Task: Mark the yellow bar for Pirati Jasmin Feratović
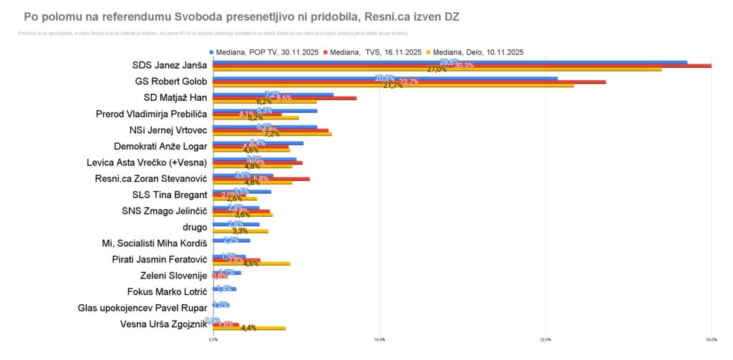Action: (x=251, y=263)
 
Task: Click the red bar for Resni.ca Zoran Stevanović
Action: (x=261, y=179)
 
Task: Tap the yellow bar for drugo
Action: (x=241, y=231)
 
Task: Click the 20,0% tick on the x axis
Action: (x=545, y=339)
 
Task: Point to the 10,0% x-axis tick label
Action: (x=379, y=339)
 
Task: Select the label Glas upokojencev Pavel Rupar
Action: (x=142, y=308)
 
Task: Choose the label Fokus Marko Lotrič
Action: (x=167, y=292)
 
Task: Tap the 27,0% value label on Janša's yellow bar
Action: (x=437, y=69)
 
